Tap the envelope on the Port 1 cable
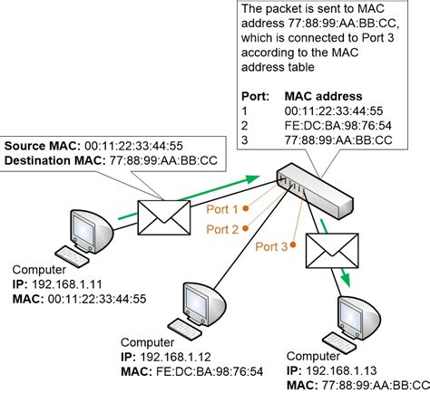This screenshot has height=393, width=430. tap(164, 217)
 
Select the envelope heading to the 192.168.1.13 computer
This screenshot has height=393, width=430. tap(332, 251)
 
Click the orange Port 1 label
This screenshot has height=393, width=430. tap(222, 209)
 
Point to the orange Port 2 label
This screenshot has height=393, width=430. tap(222, 229)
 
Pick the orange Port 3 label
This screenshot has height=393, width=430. tap(271, 246)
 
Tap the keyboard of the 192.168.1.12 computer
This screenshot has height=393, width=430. tap(184, 329)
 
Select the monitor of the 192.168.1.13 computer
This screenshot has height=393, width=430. tap(359, 316)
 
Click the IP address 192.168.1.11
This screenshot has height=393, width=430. tap(67, 284)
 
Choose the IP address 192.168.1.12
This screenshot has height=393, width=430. tap(175, 357)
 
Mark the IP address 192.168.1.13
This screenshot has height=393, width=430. tap(341, 370)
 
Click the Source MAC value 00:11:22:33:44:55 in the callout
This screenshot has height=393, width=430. tap(133, 146)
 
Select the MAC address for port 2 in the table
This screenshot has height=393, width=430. tap(338, 126)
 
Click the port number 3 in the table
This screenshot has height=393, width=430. tap(245, 140)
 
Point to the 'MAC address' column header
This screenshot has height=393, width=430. tap(323, 96)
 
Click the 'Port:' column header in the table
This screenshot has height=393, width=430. tap(255, 96)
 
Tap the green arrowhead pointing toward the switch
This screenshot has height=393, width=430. tap(251, 178)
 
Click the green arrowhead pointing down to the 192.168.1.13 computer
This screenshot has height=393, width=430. tap(347, 281)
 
